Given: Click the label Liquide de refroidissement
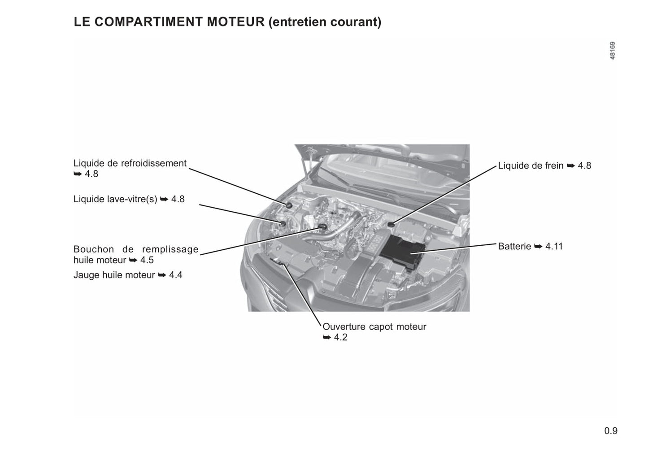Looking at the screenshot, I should (x=130, y=163).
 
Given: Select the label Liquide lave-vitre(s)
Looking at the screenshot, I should (x=115, y=199).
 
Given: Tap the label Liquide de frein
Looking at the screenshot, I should (x=531, y=165).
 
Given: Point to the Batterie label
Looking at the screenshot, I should (x=514, y=246).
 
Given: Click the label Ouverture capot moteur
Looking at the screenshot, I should (x=374, y=326).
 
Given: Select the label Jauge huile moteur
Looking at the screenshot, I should (x=114, y=275).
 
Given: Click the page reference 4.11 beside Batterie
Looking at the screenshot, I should (x=554, y=246).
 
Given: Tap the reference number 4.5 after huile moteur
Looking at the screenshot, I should (x=147, y=260).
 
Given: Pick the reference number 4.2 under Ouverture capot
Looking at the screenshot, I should (x=341, y=337).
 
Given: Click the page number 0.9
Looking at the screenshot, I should (x=611, y=431).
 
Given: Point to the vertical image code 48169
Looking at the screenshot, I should (x=612, y=51).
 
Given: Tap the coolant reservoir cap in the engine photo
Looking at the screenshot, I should (x=289, y=205).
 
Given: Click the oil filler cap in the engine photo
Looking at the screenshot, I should (x=322, y=226).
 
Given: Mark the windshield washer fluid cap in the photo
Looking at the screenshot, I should (x=283, y=222).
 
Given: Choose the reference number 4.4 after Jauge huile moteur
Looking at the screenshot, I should (x=176, y=275).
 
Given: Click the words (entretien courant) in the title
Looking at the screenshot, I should (x=325, y=22).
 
